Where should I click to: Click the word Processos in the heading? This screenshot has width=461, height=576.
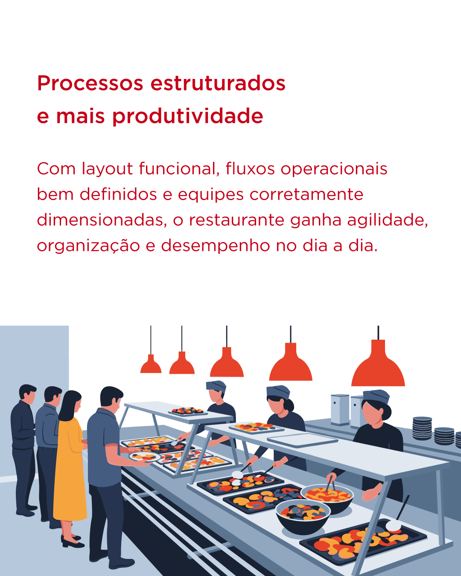(90, 83)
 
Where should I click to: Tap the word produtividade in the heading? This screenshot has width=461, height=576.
(187, 116)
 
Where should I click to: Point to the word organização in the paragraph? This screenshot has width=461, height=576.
(88, 246)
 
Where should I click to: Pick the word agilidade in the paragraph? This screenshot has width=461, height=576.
(387, 220)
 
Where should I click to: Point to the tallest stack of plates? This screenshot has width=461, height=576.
(422, 428)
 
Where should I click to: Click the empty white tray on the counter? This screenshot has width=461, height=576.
(302, 439)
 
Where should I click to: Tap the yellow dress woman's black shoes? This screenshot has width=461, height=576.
(72, 541)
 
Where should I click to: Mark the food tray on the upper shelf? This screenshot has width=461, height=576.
(187, 411)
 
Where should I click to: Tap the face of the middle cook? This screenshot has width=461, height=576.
(277, 405)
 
